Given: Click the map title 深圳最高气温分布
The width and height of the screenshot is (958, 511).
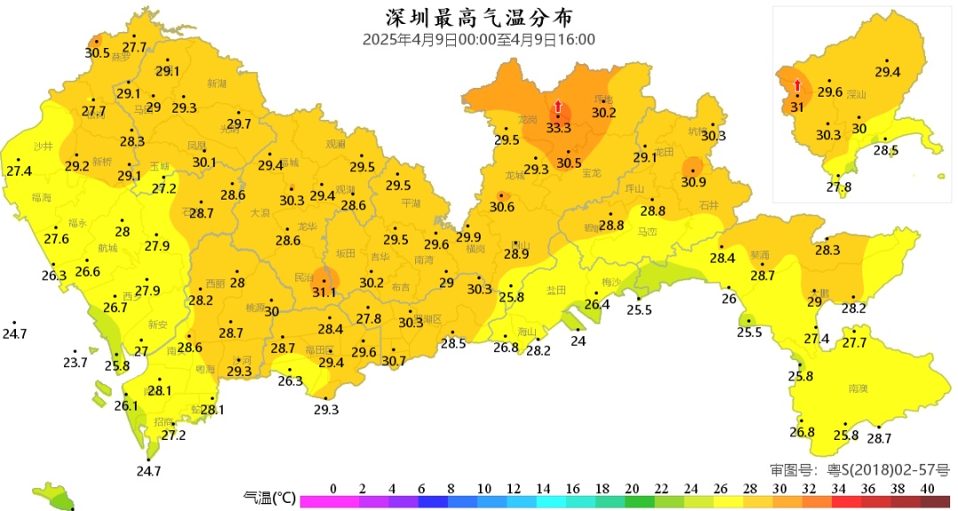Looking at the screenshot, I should click(478, 18).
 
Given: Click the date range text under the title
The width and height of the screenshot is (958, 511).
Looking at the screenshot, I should click(478, 40).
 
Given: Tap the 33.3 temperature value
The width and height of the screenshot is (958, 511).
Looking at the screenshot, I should click(558, 129).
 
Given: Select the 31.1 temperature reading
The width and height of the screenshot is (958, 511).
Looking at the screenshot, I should click(324, 293).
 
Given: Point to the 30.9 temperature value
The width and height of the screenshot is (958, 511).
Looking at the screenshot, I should click(694, 183).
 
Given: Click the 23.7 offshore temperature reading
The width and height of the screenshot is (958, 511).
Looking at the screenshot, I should click(75, 363).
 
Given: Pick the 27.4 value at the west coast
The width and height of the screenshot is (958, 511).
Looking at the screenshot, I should click(19, 171).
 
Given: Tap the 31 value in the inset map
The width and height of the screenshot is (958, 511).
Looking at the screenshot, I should click(797, 107).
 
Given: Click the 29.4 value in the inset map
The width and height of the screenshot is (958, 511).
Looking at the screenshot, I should click(887, 73).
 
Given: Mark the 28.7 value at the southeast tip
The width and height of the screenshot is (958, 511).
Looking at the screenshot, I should click(878, 438).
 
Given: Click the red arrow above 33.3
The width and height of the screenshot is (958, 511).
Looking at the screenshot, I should click(558, 107).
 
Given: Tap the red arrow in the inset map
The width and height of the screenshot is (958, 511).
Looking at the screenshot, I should click(797, 85).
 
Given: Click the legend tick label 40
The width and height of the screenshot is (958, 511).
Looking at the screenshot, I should click(928, 489).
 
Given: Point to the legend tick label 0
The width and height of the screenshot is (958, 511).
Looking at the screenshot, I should click(333, 489).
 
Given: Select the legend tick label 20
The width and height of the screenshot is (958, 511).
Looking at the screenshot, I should click(632, 489).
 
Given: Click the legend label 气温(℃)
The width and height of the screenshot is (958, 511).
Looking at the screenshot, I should click(269, 499).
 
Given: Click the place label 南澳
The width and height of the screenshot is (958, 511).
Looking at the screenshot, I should click(858, 389).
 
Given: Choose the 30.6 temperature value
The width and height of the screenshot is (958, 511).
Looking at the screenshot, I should click(502, 207).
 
